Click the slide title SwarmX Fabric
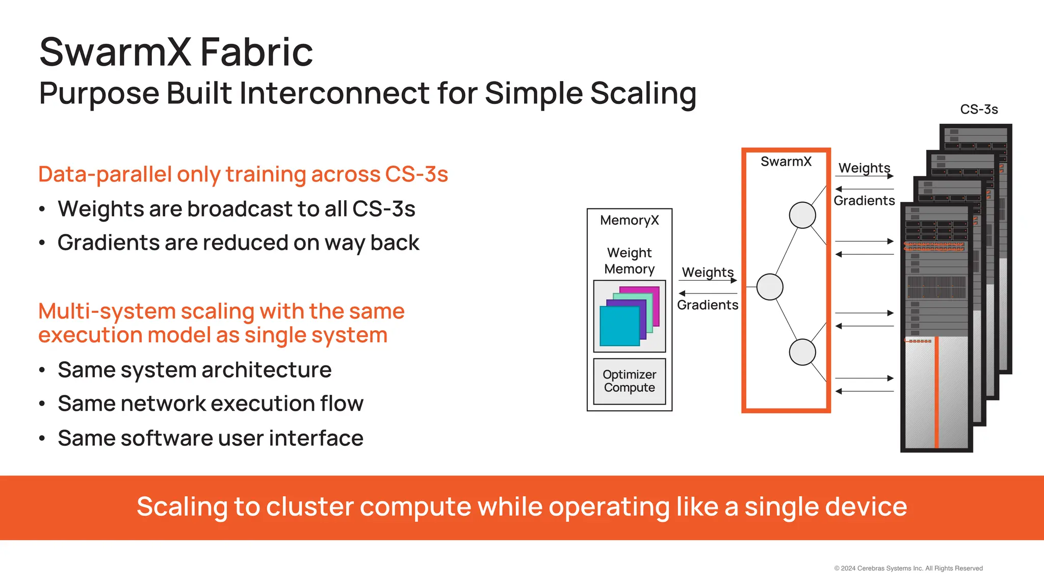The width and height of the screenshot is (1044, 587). (x=176, y=52)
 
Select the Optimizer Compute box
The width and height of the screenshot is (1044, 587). (x=629, y=381)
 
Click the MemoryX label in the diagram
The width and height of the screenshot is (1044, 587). (x=629, y=220)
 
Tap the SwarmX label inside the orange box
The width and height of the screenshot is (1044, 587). (x=786, y=162)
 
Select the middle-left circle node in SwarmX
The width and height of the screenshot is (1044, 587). (x=769, y=287)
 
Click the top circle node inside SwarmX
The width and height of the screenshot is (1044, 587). (x=802, y=215)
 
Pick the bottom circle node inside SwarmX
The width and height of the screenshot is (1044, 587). (x=802, y=352)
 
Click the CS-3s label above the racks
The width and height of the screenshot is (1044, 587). (x=978, y=110)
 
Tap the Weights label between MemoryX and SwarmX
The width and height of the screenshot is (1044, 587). (x=708, y=272)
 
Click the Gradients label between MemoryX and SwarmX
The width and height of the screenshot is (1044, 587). (x=708, y=305)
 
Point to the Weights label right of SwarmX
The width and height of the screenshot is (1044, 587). (x=864, y=168)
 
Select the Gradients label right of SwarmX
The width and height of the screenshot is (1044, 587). (x=864, y=201)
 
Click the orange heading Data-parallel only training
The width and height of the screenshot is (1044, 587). (x=243, y=174)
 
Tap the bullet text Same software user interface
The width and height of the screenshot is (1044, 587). (x=210, y=438)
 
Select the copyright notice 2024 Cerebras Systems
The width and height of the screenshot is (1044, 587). (x=908, y=568)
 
